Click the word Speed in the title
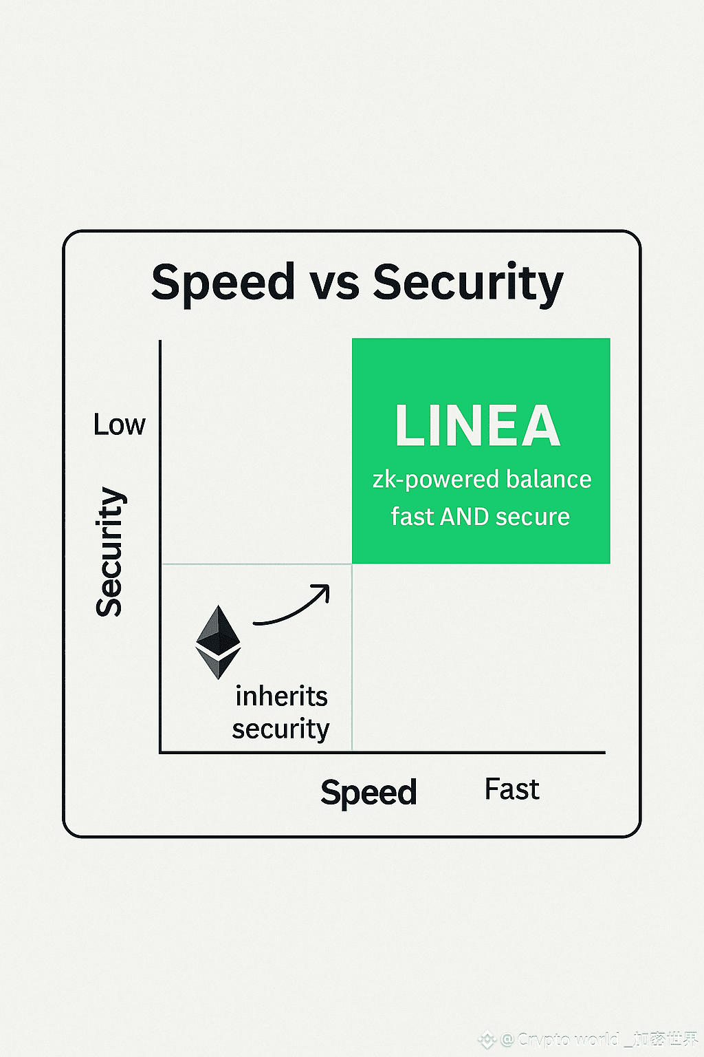223,283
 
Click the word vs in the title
333,283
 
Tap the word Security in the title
467,283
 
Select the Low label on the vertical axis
119,425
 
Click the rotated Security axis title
109,552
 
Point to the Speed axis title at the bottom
368,792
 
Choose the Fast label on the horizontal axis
511,789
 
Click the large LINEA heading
478,426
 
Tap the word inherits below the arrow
281,696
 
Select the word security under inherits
280,729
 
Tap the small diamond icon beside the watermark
487,1040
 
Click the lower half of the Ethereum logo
218,663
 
